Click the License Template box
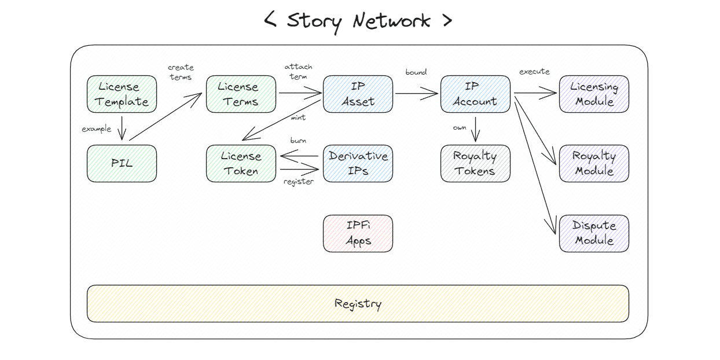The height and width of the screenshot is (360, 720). tap(122, 94)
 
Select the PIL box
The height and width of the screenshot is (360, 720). tap(122, 163)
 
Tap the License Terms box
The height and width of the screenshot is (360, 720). tap(241, 94)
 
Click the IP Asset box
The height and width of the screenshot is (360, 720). tap(358, 94)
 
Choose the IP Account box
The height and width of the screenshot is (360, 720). tap(475, 94)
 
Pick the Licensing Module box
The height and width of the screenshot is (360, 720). tap(594, 94)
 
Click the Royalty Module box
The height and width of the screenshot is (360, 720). tap(594, 163)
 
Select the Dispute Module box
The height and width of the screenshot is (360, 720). tap(594, 233)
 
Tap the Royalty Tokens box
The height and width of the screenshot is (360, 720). tap(475, 163)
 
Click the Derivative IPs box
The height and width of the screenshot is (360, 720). tap(358, 163)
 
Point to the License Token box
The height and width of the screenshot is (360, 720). tap(241, 163)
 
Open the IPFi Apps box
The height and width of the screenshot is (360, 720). tap(358, 233)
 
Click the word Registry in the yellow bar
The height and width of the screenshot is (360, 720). tap(358, 303)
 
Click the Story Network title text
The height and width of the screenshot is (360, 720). tap(358, 21)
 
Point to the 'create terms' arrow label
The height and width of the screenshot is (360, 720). tap(181, 72)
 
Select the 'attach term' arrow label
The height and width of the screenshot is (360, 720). tap(298, 71)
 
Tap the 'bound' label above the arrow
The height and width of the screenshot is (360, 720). tap(416, 72)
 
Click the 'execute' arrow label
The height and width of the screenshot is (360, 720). tap(534, 72)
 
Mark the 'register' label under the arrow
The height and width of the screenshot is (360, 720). tap(298, 182)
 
